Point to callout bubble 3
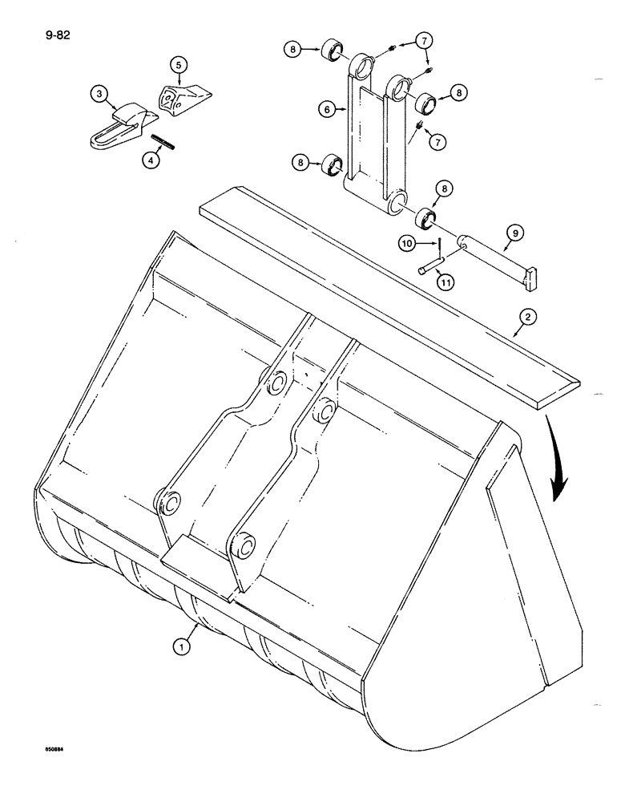point(99,95)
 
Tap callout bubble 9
point(514,233)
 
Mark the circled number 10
point(408,241)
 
